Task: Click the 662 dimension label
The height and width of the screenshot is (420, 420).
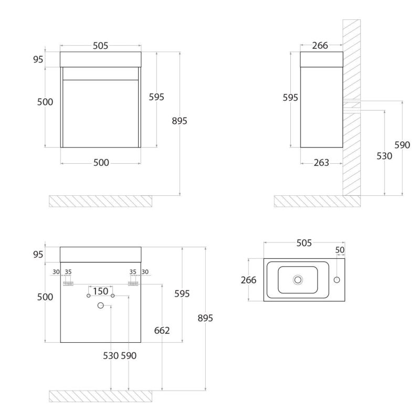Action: click(x=162, y=331)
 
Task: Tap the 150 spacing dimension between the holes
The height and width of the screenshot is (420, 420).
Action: click(x=100, y=291)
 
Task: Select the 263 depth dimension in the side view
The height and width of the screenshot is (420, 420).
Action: click(x=321, y=163)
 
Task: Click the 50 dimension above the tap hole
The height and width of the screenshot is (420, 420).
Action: click(x=340, y=250)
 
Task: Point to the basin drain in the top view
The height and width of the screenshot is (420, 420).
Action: click(x=298, y=280)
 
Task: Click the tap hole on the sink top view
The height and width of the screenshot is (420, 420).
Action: click(x=337, y=280)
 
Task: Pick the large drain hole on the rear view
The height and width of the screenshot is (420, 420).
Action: click(x=100, y=306)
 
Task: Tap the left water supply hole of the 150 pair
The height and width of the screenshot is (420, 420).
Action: click(x=88, y=296)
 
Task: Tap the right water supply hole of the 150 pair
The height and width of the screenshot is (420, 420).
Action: click(x=113, y=296)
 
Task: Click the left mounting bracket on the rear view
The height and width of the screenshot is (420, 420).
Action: click(x=68, y=283)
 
